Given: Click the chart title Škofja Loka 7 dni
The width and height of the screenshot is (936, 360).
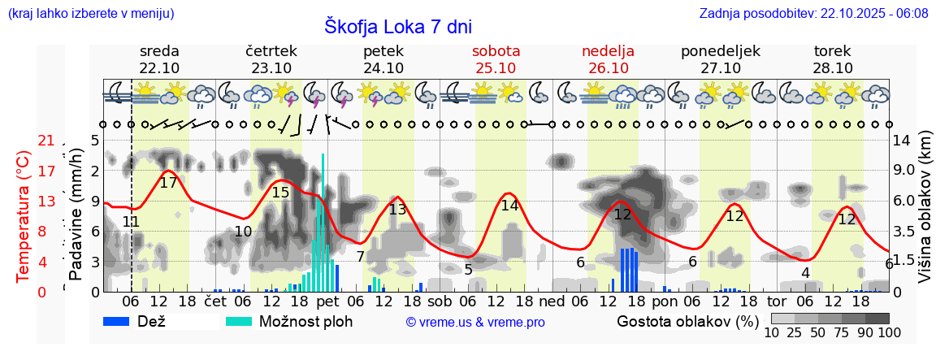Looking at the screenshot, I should click(397, 26).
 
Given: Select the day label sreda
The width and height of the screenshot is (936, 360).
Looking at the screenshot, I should click(159, 51).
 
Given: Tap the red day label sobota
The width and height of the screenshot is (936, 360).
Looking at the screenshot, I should click(496, 51).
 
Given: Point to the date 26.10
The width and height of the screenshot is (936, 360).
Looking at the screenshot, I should click(608, 68).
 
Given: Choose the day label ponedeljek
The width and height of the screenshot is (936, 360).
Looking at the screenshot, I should click(720, 51).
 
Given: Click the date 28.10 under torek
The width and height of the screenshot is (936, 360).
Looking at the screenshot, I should click(833, 68).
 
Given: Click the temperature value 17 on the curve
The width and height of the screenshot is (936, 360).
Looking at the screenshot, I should click(168, 183).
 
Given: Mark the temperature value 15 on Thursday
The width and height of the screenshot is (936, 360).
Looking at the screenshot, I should click(280, 193).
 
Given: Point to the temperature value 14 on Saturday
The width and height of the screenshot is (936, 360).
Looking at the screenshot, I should click(509, 206).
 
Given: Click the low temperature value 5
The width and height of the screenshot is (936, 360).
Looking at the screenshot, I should click(468, 270).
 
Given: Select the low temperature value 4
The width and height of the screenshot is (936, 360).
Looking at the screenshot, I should click(805, 273).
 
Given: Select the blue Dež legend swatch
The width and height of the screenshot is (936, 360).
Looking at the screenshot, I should click(118, 321).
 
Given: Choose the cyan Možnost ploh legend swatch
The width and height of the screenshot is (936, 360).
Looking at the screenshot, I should click(239, 321).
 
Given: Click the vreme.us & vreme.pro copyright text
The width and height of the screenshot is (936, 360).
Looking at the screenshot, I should click(475, 322).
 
